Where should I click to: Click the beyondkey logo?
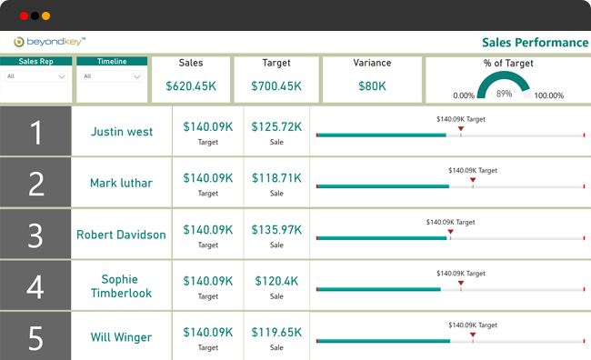(x=50, y=42)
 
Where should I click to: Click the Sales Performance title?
(x=534, y=42)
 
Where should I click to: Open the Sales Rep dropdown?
(x=35, y=76)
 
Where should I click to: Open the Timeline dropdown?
(x=111, y=76)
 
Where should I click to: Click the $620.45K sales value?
(x=191, y=85)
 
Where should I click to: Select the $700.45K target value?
(x=275, y=85)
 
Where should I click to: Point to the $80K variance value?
(x=372, y=85)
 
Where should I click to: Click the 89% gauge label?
(x=504, y=94)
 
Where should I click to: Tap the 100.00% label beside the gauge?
(x=549, y=95)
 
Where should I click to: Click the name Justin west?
(x=122, y=131)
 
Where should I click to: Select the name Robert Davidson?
(x=121, y=235)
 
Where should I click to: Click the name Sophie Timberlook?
(x=121, y=285)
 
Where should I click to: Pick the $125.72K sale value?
(x=276, y=127)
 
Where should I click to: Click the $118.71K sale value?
(x=276, y=178)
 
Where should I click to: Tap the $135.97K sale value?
(x=276, y=230)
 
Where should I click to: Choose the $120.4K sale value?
(x=276, y=282)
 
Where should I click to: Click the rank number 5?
(x=35, y=338)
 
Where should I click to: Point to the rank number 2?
(x=35, y=184)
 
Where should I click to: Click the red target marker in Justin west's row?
(x=461, y=129)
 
